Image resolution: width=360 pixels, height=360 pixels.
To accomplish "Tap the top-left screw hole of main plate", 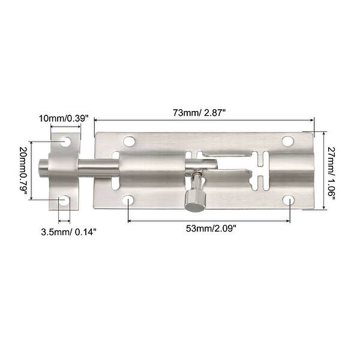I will coord(129,142).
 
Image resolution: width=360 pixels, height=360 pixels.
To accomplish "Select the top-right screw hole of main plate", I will coord(287,142).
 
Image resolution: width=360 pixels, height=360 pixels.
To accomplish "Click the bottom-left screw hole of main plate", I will coord(130,200).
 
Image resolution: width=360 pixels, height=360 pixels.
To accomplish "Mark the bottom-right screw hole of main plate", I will coord(289,200).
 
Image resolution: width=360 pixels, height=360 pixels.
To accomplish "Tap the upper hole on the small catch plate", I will coord(65,142).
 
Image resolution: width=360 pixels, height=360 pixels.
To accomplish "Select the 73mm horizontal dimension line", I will coord(204,121).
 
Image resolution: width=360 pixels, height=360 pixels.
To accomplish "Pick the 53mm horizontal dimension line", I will coord(209,220).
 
